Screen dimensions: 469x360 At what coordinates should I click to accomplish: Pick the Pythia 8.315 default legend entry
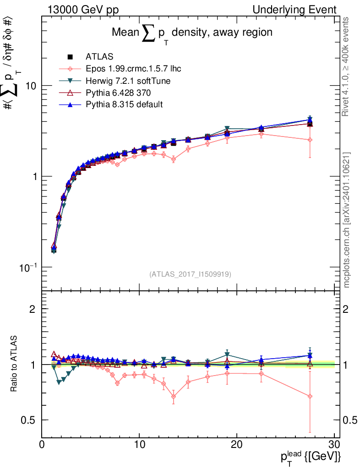pos(124,104)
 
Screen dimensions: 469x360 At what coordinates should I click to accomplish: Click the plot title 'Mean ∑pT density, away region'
pos(192,33)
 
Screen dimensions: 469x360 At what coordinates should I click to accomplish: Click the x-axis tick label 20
pos(237,445)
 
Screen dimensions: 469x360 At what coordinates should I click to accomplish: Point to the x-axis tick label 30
pos(334,445)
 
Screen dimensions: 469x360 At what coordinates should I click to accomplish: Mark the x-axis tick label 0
pos(42,445)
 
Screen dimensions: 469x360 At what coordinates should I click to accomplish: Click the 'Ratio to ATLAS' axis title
pos(15,364)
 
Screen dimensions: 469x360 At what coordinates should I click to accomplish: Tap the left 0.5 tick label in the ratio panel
pos(31,420)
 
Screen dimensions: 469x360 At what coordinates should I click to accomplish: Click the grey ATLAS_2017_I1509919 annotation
pos(190,274)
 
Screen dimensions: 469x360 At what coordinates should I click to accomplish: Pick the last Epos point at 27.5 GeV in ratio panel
pos(310,397)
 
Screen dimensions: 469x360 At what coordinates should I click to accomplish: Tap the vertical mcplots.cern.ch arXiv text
pos(347,220)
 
